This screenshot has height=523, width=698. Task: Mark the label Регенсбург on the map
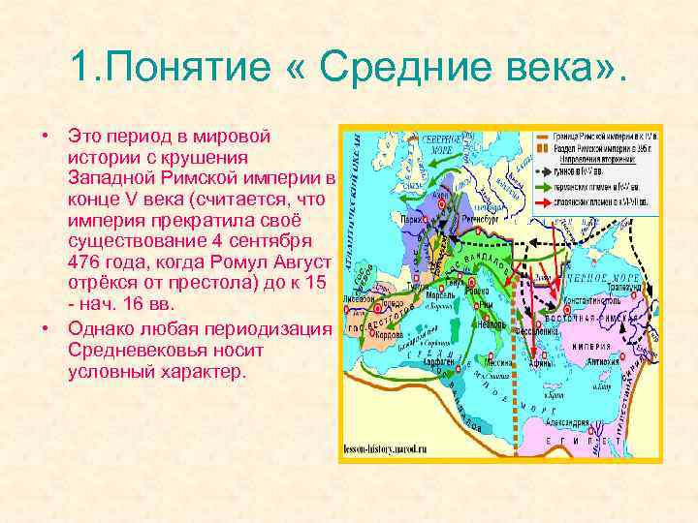tap(481, 220)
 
